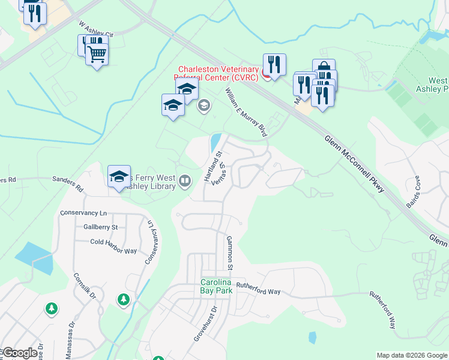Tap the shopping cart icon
(x=97, y=55)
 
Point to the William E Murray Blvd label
(x=246, y=113)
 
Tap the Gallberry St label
(x=101, y=227)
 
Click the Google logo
(x=19, y=353)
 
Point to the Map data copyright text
(x=412, y=355)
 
